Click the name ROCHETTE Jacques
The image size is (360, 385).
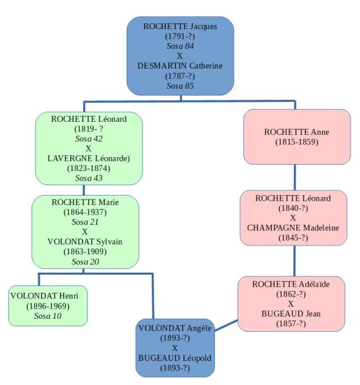tap(180, 26)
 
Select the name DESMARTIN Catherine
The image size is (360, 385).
tap(180, 65)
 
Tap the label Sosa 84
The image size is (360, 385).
tap(180, 45)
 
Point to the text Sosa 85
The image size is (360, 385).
tap(180, 85)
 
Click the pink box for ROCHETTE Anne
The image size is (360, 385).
tap(295, 136)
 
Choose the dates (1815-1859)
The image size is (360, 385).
tap(295, 142)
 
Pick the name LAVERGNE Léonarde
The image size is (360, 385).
tap(88, 158)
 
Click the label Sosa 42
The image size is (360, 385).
tap(88, 138)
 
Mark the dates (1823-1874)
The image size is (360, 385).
tap(88, 169)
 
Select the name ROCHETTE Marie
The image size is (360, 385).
tap(85, 202)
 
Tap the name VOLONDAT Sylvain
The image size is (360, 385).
tap(85, 241)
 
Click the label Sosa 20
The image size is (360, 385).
tap(85, 261)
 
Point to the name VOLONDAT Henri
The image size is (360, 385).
tap(47, 295)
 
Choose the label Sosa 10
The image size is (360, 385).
tap(47, 316)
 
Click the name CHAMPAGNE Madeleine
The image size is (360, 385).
tap(293, 228)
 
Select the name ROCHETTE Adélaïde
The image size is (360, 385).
tap(291, 284)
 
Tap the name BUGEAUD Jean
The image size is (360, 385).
tap(291, 313)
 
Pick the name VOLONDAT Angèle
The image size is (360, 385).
tap(175, 328)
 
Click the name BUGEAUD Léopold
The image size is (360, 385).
tap(175, 357)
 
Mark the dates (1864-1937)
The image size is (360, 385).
tap(85, 212)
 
